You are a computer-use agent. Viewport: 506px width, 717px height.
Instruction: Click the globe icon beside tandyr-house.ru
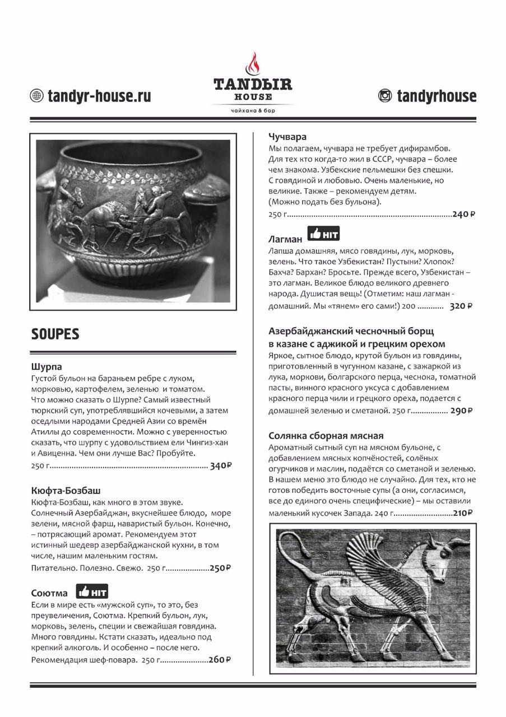pos(38,96)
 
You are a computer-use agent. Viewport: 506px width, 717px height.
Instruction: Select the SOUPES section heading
pos(55,334)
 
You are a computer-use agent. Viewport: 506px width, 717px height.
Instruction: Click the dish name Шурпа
pos(47,367)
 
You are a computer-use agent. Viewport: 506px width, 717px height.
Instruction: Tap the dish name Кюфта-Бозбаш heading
pos(66,491)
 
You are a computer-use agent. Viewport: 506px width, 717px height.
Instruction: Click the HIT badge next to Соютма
pos(92,592)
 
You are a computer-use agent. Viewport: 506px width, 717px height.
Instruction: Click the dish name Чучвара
pos(287,137)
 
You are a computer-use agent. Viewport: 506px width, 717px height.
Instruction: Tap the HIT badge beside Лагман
pos(323,234)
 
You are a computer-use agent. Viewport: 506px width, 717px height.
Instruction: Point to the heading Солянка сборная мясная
pos(333,435)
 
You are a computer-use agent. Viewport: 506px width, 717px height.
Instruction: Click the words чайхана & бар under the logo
pos(252,111)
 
